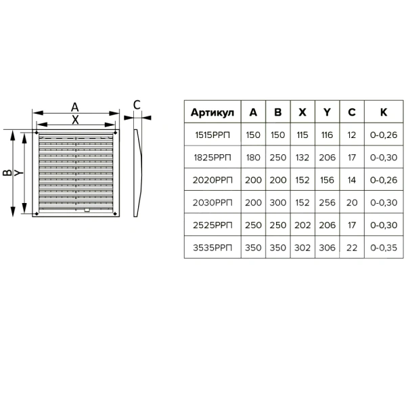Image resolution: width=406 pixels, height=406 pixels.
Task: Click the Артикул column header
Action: pyautogui.click(x=212, y=112)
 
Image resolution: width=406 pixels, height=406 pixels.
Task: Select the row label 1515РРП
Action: pyautogui.click(x=212, y=135)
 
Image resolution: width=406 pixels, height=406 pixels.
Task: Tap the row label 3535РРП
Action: pyautogui.click(x=212, y=248)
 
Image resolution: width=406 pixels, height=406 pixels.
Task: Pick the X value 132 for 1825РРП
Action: pyautogui.click(x=302, y=158)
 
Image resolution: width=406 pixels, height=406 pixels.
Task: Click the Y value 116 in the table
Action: pyautogui.click(x=327, y=135)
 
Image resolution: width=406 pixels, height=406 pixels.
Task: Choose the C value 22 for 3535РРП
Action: pyautogui.click(x=352, y=248)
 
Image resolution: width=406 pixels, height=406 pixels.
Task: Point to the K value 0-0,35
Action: pyautogui.click(x=384, y=248)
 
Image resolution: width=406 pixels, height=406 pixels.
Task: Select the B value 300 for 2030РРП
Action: pyautogui.click(x=278, y=202)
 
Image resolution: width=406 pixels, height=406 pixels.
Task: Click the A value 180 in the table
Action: pyautogui.click(x=253, y=158)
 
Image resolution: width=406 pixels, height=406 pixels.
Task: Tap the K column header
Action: pyautogui.click(x=384, y=112)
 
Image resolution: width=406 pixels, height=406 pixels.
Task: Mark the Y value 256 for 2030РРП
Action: pyautogui.click(x=327, y=202)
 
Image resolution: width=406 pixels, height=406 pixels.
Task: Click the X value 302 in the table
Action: pyautogui.click(x=302, y=248)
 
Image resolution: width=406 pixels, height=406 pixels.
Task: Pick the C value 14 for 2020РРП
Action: pyautogui.click(x=352, y=180)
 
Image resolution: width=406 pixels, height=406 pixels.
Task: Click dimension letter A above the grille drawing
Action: pyautogui.click(x=75, y=107)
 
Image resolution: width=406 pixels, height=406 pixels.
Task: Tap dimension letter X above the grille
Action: pyautogui.click(x=75, y=120)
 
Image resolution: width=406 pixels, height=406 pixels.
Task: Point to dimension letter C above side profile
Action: pyautogui.click(x=137, y=105)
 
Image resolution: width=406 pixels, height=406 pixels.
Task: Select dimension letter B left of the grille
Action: pyautogui.click(x=7, y=173)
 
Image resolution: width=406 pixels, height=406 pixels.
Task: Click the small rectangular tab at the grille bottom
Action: pyautogui.click(x=87, y=210)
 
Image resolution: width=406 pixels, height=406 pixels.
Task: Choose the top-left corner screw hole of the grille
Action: pyautogui.click(x=37, y=133)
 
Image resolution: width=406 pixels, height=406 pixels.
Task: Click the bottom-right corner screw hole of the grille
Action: pyautogui.click(x=116, y=214)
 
